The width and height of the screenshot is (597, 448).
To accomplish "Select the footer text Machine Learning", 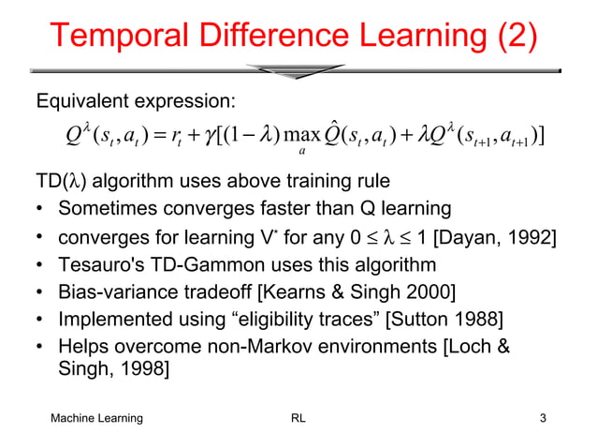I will tap(97, 418).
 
